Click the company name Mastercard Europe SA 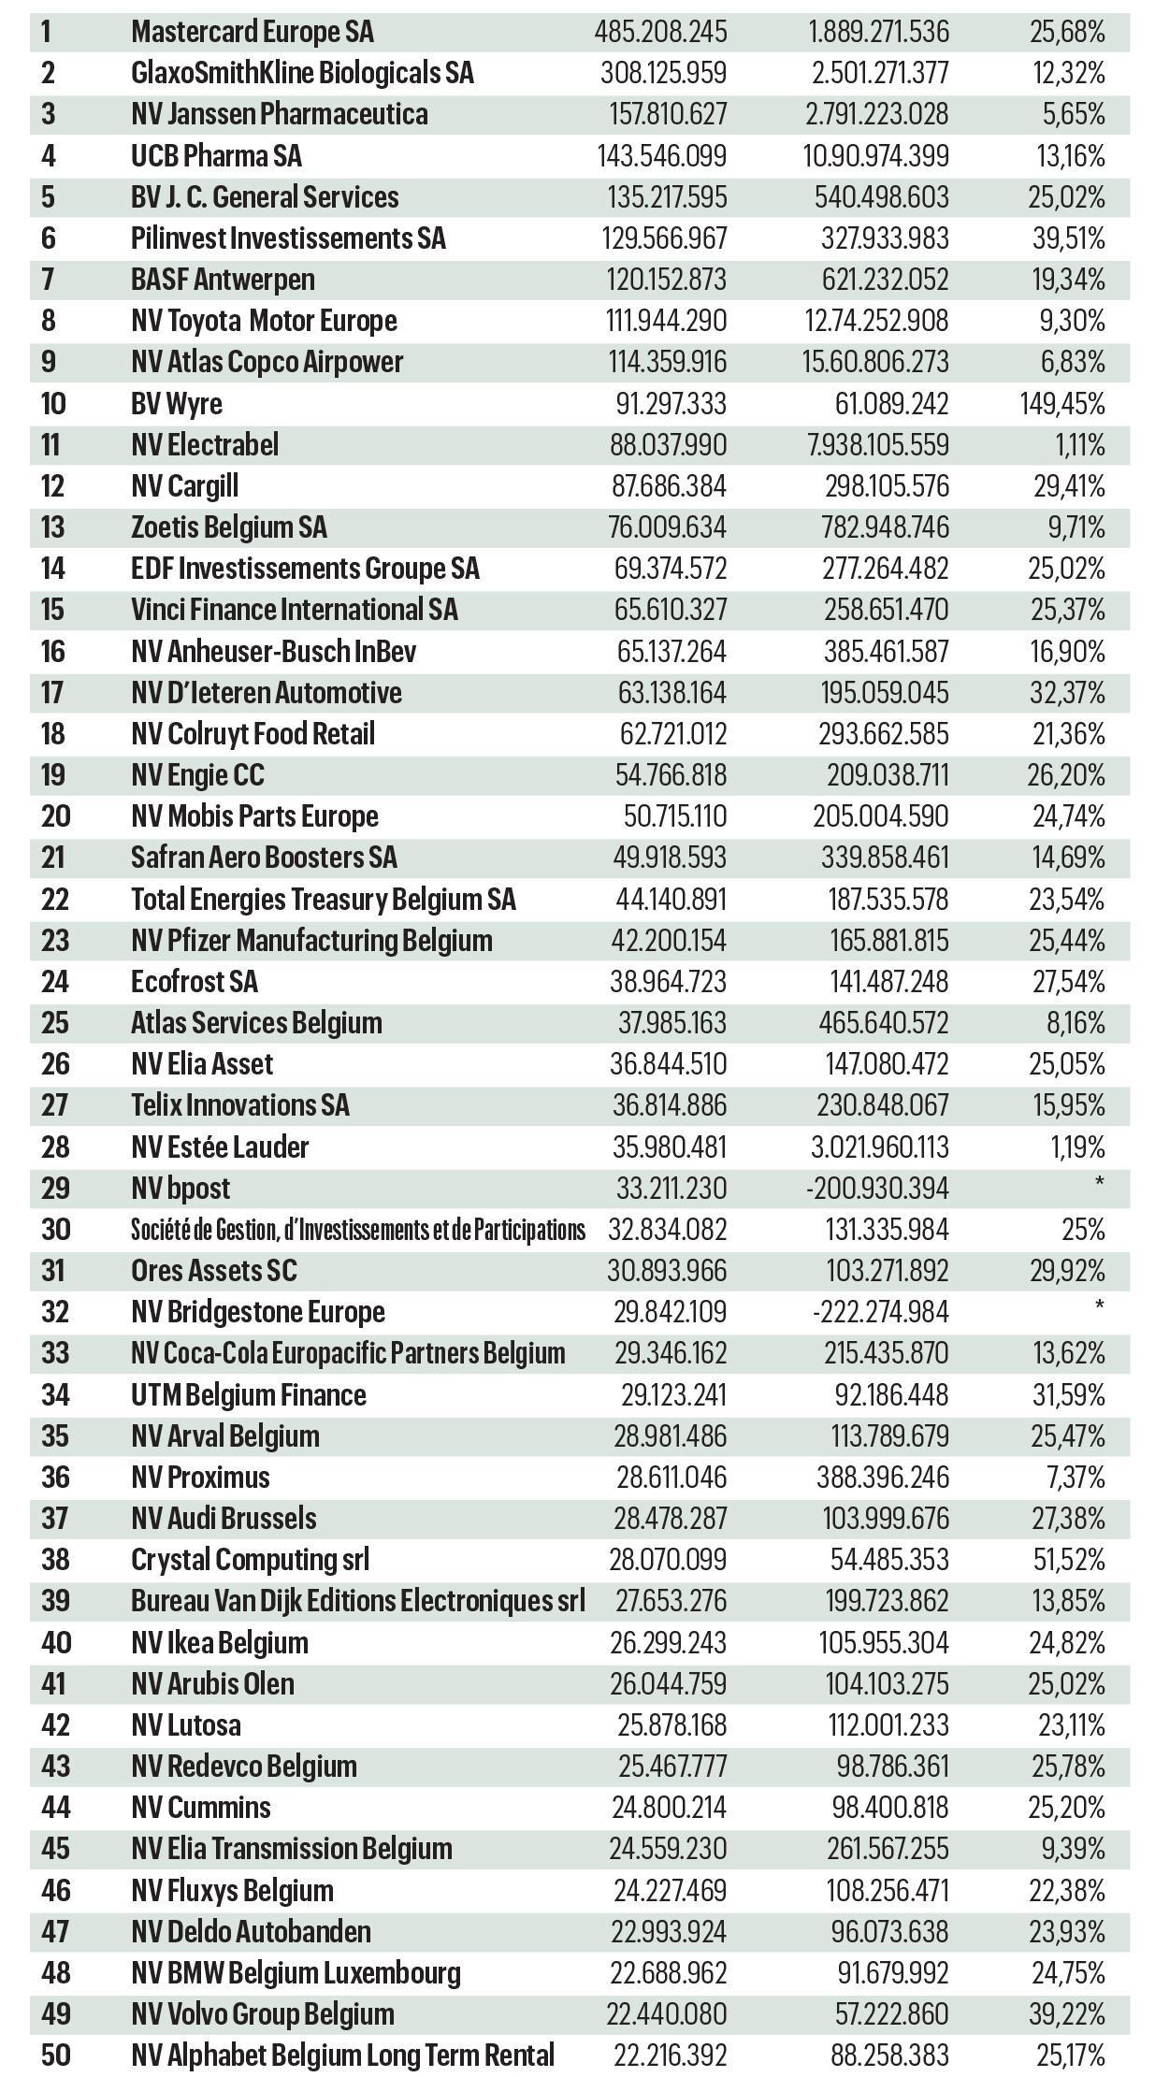pyautogui.click(x=253, y=32)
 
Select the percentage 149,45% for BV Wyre pyautogui.click(x=1061, y=403)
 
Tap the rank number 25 pyautogui.click(x=55, y=1022)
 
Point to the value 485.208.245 pyautogui.click(x=660, y=32)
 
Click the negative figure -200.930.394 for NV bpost pyautogui.click(x=877, y=1188)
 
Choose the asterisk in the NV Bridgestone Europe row pyautogui.click(x=1099, y=1304)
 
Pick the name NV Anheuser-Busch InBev pyautogui.click(x=274, y=651)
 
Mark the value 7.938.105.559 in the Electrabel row pyautogui.click(x=877, y=444)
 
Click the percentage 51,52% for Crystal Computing pyautogui.click(x=1068, y=1559)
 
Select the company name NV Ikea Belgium pyautogui.click(x=220, y=1642)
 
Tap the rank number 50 pyautogui.click(x=55, y=2055)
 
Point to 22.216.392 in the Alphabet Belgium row pyautogui.click(x=670, y=2055)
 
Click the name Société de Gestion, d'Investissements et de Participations pyautogui.click(x=358, y=1229)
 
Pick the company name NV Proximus pyautogui.click(x=201, y=1477)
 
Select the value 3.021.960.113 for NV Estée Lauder pyautogui.click(x=877, y=1147)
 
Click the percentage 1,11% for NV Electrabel pyautogui.click(x=1080, y=444)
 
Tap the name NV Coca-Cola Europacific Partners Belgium pyautogui.click(x=348, y=1352)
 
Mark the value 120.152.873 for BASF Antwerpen pyautogui.click(x=667, y=280)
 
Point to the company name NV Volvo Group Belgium pyautogui.click(x=263, y=2013)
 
